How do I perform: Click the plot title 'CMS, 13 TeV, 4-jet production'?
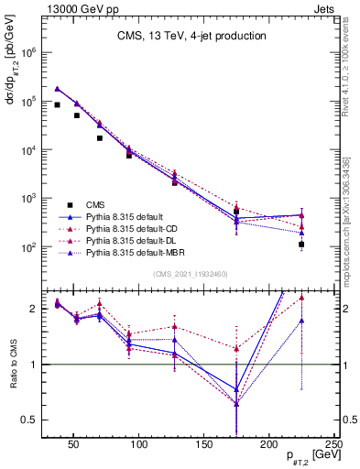(x=191, y=37)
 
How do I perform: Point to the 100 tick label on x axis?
(x=139, y=444)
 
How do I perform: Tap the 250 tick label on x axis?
(x=333, y=444)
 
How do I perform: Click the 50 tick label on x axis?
(x=74, y=444)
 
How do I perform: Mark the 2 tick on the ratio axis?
(x=33, y=309)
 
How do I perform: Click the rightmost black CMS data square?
(x=301, y=245)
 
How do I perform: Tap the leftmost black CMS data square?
(x=57, y=104)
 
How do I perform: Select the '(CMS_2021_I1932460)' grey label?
(x=191, y=275)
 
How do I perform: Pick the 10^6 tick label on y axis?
(x=28, y=53)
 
